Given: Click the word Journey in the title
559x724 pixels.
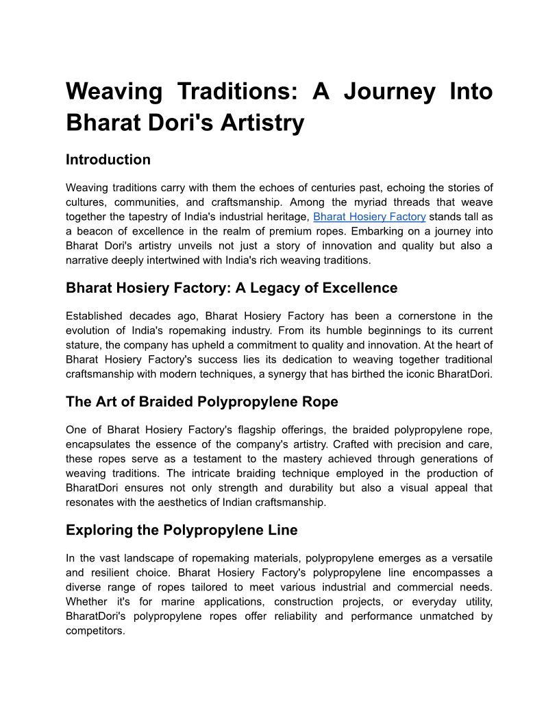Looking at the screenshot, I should click(x=389, y=91).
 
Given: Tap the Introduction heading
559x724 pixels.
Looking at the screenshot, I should click(x=108, y=160).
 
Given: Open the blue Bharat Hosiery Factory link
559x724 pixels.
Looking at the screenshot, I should click(x=369, y=217).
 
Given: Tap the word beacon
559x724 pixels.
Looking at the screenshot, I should click(x=99, y=231).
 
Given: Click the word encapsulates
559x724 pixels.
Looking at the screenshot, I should click(x=98, y=444).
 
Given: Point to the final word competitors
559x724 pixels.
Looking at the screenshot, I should click(x=95, y=630).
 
